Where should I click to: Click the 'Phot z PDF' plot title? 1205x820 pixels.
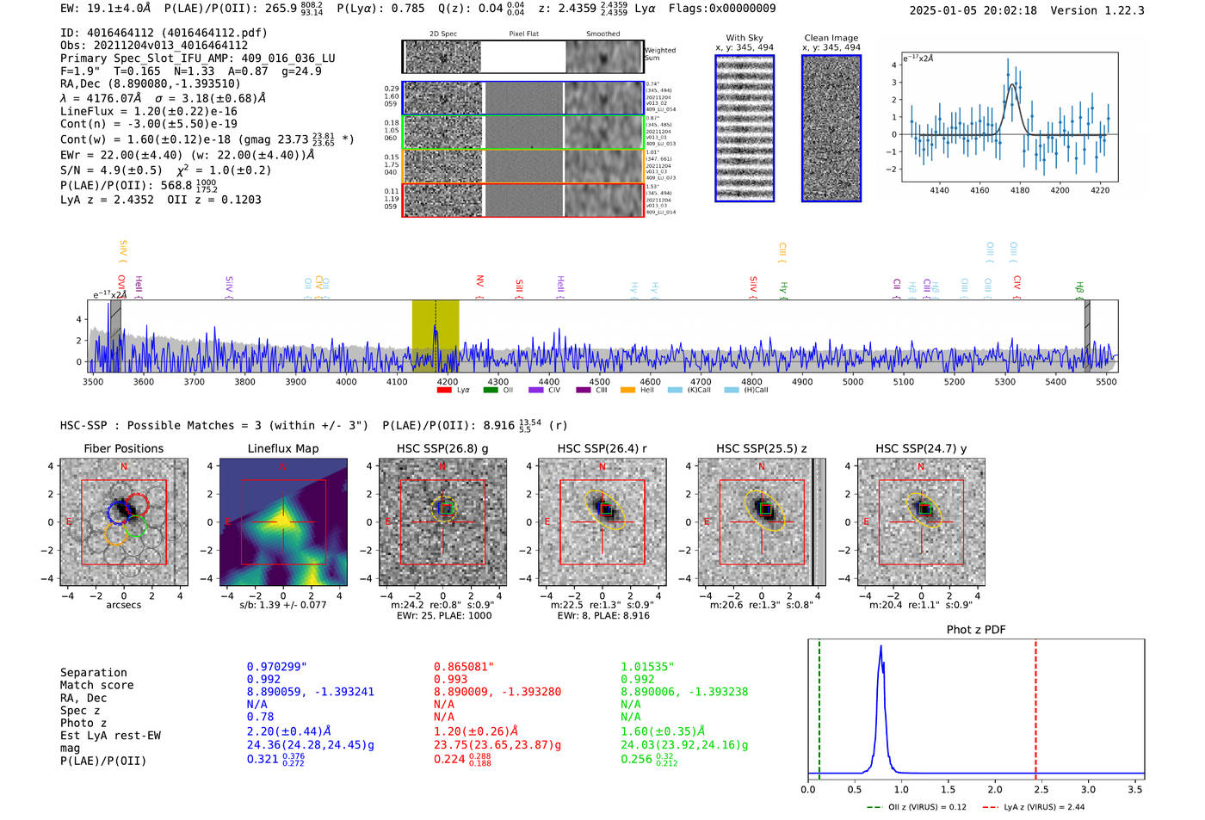976,630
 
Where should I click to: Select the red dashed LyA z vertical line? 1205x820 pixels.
1035,706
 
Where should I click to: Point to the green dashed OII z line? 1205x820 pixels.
819,706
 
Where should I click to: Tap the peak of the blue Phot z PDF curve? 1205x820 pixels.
881,647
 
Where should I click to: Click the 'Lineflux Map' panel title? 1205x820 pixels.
283,448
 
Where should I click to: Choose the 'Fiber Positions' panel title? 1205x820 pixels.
123,448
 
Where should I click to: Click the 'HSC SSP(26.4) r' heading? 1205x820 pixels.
602,448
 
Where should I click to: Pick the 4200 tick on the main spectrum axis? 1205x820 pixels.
448,381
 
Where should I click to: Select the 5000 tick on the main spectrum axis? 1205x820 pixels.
853,381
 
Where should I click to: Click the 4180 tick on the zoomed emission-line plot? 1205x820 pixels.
1020,190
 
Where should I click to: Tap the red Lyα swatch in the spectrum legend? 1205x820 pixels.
444,390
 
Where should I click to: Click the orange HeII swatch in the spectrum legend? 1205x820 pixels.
627,390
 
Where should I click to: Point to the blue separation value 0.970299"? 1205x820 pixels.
276,667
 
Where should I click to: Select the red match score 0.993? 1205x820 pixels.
450,680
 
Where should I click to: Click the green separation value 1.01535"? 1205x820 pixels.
647,667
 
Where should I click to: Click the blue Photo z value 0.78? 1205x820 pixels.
260,717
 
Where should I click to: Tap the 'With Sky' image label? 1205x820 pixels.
744,38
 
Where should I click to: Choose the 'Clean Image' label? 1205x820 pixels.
831,38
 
